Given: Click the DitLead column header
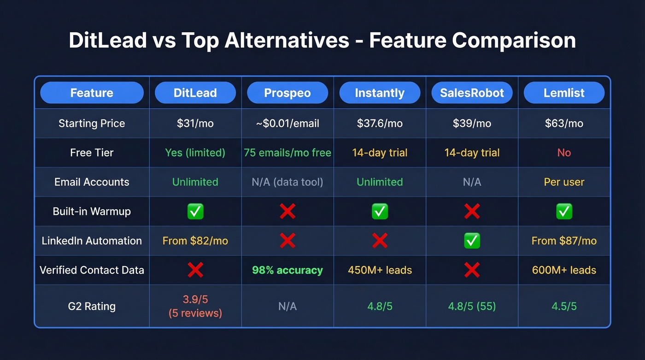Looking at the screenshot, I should point(195,93).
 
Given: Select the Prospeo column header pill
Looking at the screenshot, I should point(287,93).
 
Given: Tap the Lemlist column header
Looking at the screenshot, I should point(564,93).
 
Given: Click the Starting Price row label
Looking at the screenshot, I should point(92,124).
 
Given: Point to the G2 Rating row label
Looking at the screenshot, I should point(92,306).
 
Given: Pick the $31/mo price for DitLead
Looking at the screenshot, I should point(195,124).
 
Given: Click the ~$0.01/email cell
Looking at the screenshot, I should point(287,124).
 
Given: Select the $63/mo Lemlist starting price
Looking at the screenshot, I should point(564,124).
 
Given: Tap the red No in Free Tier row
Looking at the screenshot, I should point(564,153).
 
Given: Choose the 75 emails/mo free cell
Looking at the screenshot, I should point(287,153).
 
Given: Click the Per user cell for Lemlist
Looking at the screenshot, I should point(564,182).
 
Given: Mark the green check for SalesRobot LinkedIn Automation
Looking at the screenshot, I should point(472,241).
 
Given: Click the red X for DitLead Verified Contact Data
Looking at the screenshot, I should point(195,270).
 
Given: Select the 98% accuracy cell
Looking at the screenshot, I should point(287,270).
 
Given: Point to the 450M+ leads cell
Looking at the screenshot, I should point(380,270).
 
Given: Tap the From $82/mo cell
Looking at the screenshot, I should point(195,241).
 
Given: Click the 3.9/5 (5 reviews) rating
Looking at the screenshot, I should point(195,306).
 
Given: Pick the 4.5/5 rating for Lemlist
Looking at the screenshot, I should point(564,306).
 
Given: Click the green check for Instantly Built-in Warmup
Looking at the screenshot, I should point(380,212).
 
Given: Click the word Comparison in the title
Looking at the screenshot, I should point(514,41).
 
